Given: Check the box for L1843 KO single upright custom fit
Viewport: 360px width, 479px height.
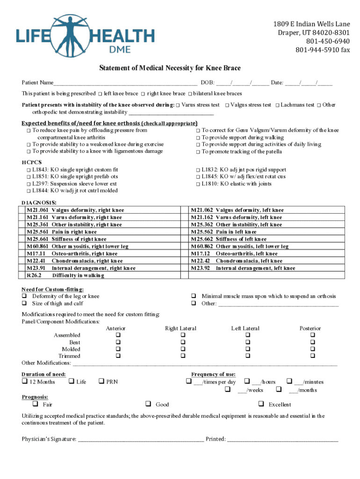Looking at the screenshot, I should point(29,170).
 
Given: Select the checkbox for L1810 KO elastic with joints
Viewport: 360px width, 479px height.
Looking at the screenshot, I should point(198,184).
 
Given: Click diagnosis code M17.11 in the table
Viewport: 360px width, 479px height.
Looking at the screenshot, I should point(36,254).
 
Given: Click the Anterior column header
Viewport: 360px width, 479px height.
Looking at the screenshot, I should point(115,328).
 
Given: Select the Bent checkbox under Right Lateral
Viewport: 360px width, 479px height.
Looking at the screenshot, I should point(183,342).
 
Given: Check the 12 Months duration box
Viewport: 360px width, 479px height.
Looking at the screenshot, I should point(24,382).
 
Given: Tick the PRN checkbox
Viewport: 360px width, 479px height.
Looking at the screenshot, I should point(101,382).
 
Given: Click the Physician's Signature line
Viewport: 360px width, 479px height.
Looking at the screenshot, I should point(140,439).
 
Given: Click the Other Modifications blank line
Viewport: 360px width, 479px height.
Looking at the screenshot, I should point(205,363).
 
